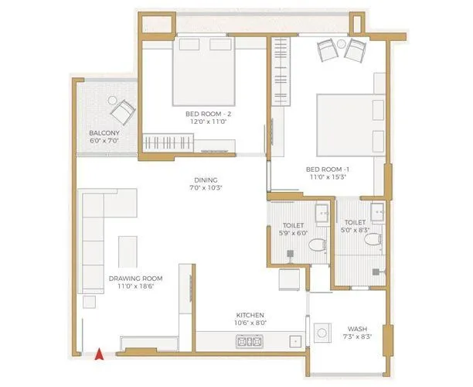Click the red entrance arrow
tap(98, 354)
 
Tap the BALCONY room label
tap(103, 133)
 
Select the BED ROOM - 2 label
tap(203, 114)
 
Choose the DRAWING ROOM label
tap(135, 277)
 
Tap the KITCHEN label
tap(251, 315)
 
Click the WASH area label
tap(357, 327)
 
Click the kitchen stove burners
tap(249, 341)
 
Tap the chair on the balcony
tap(121, 113)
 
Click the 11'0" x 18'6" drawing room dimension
tap(135, 286)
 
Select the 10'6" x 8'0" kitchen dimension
tap(251, 324)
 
